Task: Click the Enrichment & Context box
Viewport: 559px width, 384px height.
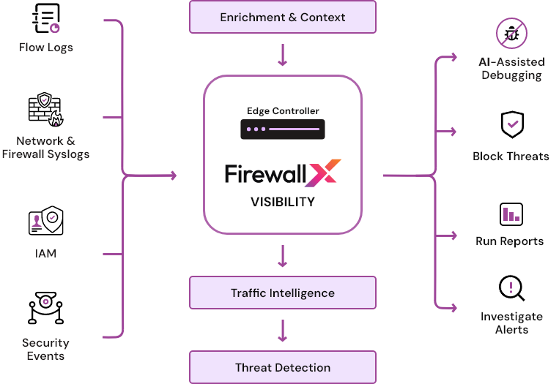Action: click(x=283, y=17)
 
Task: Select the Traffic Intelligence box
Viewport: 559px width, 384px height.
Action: click(x=283, y=293)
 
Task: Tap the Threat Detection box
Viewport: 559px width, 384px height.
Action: click(x=283, y=367)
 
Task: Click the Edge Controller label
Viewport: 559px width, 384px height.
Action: click(x=283, y=111)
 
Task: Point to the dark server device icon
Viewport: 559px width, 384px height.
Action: click(x=283, y=129)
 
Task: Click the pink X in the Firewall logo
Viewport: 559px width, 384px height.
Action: click(x=323, y=175)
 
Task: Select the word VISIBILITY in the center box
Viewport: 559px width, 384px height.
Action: click(x=283, y=202)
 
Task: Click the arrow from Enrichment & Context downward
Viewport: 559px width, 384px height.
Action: click(x=283, y=55)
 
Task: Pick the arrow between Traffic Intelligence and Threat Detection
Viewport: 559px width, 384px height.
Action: click(x=283, y=330)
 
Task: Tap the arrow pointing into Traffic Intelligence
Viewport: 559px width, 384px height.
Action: click(x=283, y=255)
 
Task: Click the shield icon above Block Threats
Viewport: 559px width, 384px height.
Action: click(x=512, y=125)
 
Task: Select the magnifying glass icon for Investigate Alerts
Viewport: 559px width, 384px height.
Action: click(x=511, y=287)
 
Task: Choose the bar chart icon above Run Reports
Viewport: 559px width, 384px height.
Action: click(x=511, y=214)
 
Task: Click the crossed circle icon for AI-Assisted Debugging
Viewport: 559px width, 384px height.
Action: click(x=511, y=34)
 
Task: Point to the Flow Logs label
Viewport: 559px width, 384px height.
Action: click(x=46, y=48)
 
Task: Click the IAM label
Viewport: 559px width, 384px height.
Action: click(x=45, y=254)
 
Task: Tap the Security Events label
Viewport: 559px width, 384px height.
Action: click(x=45, y=349)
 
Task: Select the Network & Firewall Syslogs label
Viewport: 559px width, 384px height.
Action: click(x=45, y=147)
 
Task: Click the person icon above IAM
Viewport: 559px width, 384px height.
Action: click(x=37, y=220)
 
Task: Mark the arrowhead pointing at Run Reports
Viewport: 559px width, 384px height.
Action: click(x=455, y=236)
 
